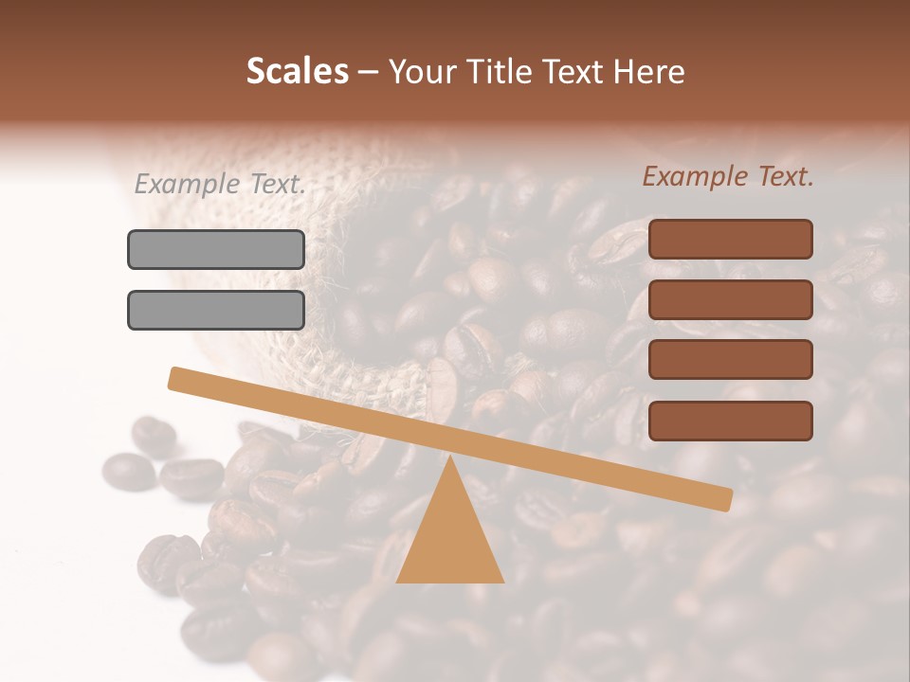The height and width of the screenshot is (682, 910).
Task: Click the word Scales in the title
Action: coord(297,72)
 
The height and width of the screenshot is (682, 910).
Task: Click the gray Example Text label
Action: coord(220,185)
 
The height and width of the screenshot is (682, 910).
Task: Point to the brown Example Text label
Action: coord(728,176)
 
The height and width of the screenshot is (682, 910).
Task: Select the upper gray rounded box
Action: coord(216,249)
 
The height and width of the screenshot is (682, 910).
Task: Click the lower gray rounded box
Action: coord(216,310)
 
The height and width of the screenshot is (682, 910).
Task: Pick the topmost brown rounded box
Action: coord(730,239)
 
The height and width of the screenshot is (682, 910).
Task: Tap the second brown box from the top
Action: coord(730,299)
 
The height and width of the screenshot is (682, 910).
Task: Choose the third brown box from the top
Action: coord(730,360)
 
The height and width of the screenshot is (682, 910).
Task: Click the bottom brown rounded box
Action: coord(730,421)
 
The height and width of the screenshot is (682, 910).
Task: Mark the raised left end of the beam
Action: coord(176,378)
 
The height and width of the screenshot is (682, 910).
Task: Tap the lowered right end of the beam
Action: coord(724,499)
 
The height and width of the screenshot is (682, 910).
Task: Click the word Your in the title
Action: coord(421,72)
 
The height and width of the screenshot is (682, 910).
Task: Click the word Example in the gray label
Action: coord(188,185)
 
